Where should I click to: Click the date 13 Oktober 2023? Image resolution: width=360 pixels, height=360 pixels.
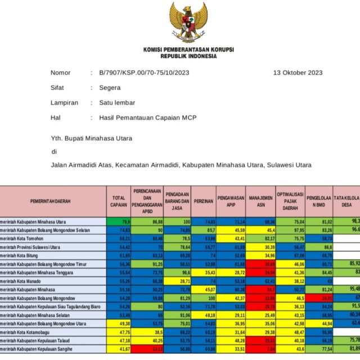[298, 73]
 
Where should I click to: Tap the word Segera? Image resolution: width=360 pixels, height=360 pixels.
[109, 88]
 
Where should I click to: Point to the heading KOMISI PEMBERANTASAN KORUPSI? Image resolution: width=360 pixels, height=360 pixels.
[188, 49]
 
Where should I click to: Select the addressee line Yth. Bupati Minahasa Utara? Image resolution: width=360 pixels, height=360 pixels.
[92, 138]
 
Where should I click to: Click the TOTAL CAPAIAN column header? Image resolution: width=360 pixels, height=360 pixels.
[119, 201]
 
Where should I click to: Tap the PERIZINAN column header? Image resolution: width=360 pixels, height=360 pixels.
[204, 201]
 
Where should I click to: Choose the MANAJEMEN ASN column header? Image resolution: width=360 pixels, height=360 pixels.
[261, 201]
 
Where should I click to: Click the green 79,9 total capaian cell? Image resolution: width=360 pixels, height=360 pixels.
[119, 222]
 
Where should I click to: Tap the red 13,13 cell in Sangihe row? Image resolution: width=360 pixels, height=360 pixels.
[147, 350]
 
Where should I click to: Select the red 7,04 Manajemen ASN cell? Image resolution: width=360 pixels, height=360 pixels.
[261, 350]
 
